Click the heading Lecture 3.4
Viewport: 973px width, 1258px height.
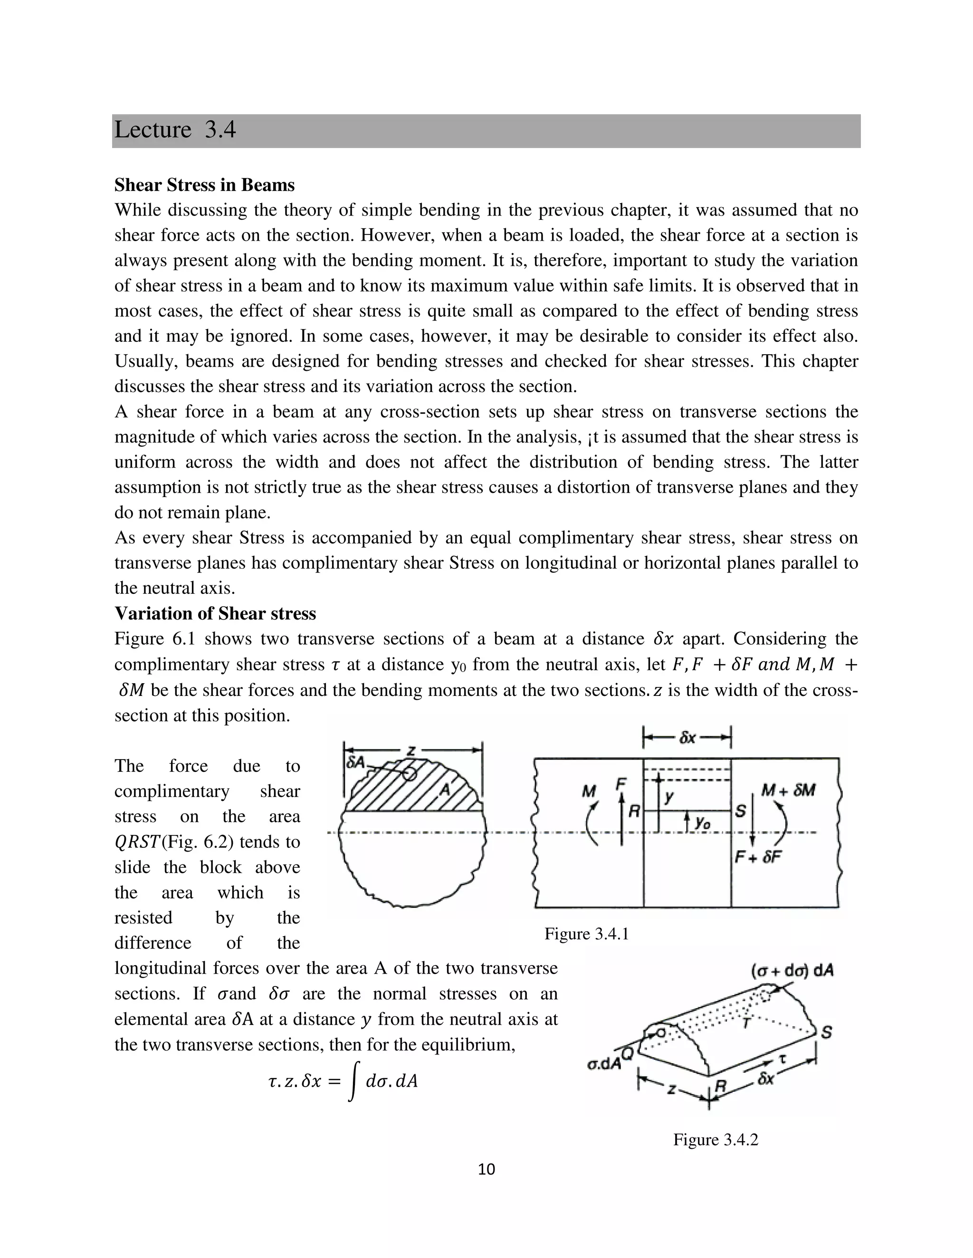[x=175, y=130]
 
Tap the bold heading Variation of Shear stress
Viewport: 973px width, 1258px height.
[x=215, y=613]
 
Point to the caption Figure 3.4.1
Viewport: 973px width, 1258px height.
[x=586, y=934]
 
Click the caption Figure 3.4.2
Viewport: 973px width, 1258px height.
[x=715, y=1140]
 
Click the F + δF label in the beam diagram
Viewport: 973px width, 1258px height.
[x=758, y=857]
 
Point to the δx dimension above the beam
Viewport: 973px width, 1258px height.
[x=687, y=738]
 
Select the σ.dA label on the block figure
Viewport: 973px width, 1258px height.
[x=603, y=1064]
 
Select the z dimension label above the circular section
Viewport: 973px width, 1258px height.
[x=411, y=751]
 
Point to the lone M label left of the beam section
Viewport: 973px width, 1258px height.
[x=589, y=792]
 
